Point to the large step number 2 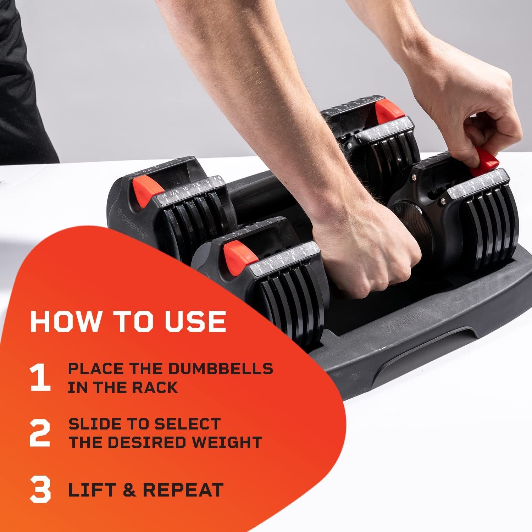39,433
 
